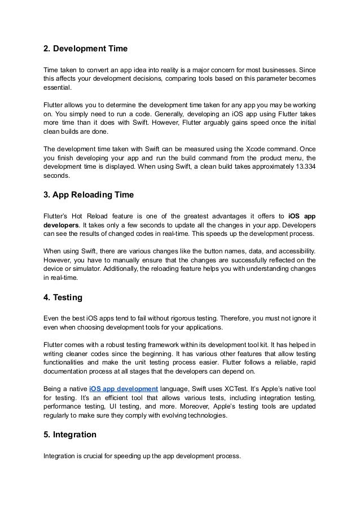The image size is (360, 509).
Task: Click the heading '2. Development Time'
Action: [85, 50]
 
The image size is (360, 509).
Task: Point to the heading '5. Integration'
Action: [70, 435]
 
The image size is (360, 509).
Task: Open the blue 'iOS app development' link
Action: [123, 389]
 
